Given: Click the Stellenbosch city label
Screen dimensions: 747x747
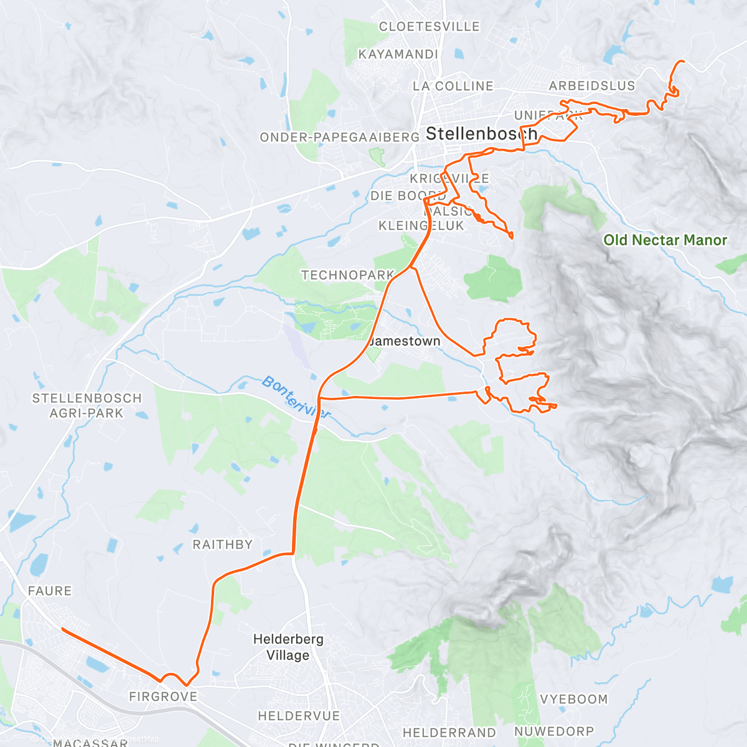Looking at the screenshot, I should [481, 133].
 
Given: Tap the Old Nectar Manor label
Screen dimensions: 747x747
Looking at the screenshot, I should [665, 240].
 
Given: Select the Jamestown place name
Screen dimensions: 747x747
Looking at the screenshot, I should [405, 341].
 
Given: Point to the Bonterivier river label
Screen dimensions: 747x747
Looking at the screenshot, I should [296, 397].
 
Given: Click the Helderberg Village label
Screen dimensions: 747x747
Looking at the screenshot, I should [288, 647].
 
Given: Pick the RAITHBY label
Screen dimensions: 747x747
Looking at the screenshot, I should [222, 545].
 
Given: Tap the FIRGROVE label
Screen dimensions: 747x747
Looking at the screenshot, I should [163, 697].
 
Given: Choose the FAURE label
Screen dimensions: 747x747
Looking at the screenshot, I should [50, 591].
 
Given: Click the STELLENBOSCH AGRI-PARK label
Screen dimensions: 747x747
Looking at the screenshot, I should [87, 405].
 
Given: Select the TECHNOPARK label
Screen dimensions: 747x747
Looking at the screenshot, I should [347, 275].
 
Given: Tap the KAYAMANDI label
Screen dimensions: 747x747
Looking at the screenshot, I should [398, 54].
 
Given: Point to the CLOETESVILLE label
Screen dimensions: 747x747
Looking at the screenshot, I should [430, 27].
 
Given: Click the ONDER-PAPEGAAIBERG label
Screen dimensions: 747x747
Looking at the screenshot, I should [339, 137].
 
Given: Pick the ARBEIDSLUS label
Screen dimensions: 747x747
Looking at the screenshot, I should [591, 86].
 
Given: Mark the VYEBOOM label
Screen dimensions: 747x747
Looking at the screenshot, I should [573, 699].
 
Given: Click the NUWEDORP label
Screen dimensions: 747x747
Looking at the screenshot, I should [553, 731].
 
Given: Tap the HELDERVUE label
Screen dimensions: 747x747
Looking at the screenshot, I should [299, 716].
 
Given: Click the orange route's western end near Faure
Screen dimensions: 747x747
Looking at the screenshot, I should [62, 629].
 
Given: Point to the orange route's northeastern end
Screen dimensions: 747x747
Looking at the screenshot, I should [683, 61].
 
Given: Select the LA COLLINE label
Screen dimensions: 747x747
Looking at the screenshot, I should [453, 86].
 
